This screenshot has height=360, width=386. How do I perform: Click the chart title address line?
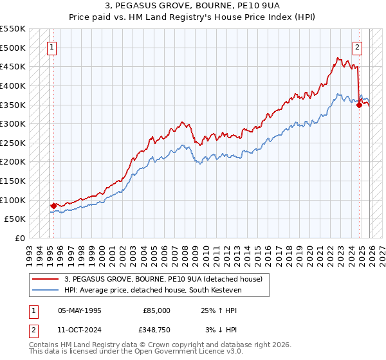193,5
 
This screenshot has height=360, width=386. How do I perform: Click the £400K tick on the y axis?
13,85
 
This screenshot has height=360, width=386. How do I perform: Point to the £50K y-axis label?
15,219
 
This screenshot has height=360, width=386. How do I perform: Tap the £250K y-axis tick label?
13,143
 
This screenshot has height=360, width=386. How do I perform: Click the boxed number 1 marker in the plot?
51,46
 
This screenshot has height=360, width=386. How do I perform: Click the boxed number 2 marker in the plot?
357,46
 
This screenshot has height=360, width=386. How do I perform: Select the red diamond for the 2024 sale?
359,105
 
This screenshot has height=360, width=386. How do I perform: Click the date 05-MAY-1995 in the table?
80,310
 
